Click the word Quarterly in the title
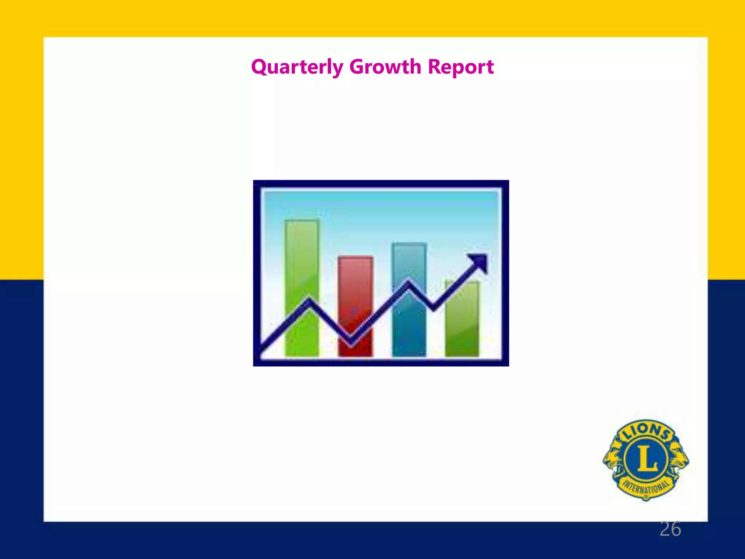[297, 67]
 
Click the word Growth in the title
[385, 67]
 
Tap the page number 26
[670, 529]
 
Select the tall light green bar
[302, 262]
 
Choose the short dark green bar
[462, 328]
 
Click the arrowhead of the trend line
[479, 261]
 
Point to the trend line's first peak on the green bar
[310, 301]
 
